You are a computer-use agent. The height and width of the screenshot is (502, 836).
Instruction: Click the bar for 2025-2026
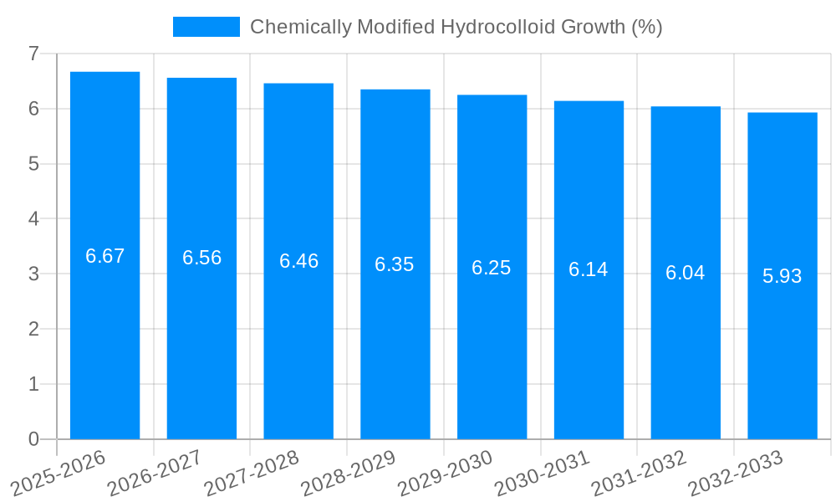pos(104,335)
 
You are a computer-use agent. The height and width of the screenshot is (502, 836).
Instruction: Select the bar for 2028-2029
pos(395,351)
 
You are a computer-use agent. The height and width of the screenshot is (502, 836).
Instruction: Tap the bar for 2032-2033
pos(782,360)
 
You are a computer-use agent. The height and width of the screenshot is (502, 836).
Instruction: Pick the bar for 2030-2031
pos(589,351)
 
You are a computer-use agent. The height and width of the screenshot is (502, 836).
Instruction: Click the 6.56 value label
pos(201,258)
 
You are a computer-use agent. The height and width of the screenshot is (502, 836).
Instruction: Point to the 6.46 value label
pos(298,261)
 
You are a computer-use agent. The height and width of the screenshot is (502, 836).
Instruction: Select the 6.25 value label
pos(492,268)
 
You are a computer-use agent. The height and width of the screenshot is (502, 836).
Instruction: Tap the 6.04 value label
pos(686,273)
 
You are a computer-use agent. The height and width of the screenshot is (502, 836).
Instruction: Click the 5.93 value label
pos(782,276)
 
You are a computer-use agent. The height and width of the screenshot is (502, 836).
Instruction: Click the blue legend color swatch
pos(206,27)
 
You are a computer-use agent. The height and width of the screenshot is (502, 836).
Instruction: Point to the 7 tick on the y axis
pos(33,54)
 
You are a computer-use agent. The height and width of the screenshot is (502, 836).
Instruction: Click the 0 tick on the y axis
pos(33,439)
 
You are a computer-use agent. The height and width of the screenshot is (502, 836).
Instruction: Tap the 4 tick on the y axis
pos(33,219)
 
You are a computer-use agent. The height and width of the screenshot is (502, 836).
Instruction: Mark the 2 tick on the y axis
pos(33,329)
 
